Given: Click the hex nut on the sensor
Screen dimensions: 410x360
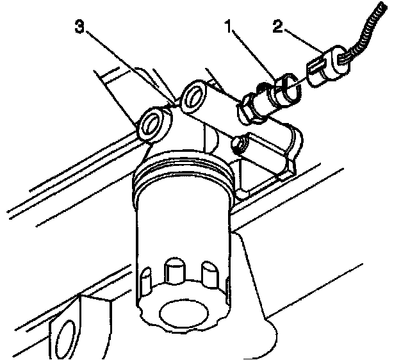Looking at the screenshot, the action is [246, 107].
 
